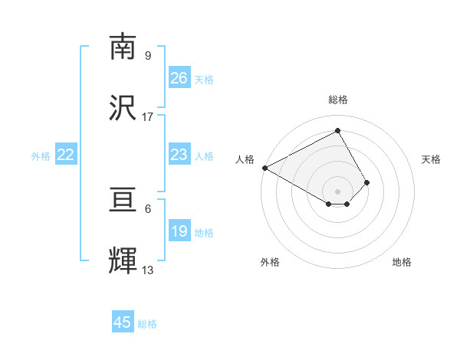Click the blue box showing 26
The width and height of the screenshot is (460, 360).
pos(179,77)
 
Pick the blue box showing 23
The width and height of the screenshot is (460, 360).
pos(179,155)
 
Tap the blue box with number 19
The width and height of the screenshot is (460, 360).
pos(179,231)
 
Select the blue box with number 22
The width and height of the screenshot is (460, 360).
pos(66,155)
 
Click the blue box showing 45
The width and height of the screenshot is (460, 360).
pos(123,322)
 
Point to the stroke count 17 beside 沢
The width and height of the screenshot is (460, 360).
pos(148,117)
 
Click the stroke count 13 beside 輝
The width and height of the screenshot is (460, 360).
pos(148,270)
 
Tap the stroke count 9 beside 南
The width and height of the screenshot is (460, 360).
pos(148,56)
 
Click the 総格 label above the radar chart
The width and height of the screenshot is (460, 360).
pos(338,100)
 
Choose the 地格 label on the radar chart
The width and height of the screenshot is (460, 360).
pos(402,262)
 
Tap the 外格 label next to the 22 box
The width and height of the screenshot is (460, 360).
pos(41,156)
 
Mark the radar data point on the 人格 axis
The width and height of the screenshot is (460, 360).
pos(264,168)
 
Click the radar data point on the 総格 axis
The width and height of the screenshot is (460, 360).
pos(338,131)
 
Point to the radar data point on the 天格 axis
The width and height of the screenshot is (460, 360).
pos(367,182)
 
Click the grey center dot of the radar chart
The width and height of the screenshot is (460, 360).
pos(338,191)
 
